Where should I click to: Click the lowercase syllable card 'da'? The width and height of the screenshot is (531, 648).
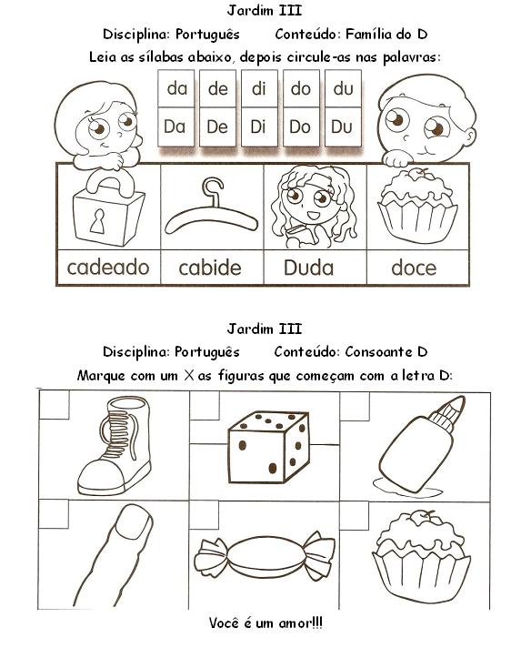click(176, 89)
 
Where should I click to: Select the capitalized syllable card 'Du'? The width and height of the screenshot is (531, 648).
click(342, 127)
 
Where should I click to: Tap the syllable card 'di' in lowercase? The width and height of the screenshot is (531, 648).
click(259, 89)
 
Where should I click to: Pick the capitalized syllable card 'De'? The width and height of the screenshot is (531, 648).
click(217, 127)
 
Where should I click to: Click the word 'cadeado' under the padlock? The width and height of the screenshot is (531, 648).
click(108, 268)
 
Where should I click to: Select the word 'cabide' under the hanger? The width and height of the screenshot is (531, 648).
click(210, 268)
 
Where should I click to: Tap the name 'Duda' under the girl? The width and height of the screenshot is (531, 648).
click(308, 268)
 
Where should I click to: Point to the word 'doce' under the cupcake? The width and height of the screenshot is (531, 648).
click(414, 268)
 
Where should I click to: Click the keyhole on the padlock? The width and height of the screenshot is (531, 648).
click(98, 221)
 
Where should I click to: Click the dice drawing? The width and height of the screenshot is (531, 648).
click(268, 447)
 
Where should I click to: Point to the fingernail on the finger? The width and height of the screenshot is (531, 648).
click(133, 521)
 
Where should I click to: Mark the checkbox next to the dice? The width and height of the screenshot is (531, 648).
click(205, 405)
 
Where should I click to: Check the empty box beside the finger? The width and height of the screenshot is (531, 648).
click(54, 513)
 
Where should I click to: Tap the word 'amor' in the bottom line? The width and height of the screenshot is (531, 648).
click(295, 623)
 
